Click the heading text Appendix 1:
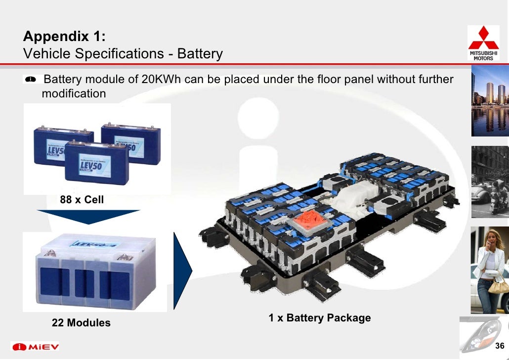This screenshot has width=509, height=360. pyautogui.click(x=64, y=37)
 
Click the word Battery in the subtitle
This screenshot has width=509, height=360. pyautogui.click(x=200, y=53)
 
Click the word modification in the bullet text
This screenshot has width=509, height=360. pyautogui.click(x=74, y=93)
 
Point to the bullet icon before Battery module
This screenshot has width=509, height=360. pyautogui.click(x=31, y=79)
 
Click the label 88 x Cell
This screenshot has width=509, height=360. pyautogui.click(x=82, y=200)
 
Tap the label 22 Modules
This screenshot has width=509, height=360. pyautogui.click(x=81, y=323)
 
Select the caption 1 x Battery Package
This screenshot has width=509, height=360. pyautogui.click(x=320, y=318)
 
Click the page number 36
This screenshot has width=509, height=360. pyautogui.click(x=499, y=346)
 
